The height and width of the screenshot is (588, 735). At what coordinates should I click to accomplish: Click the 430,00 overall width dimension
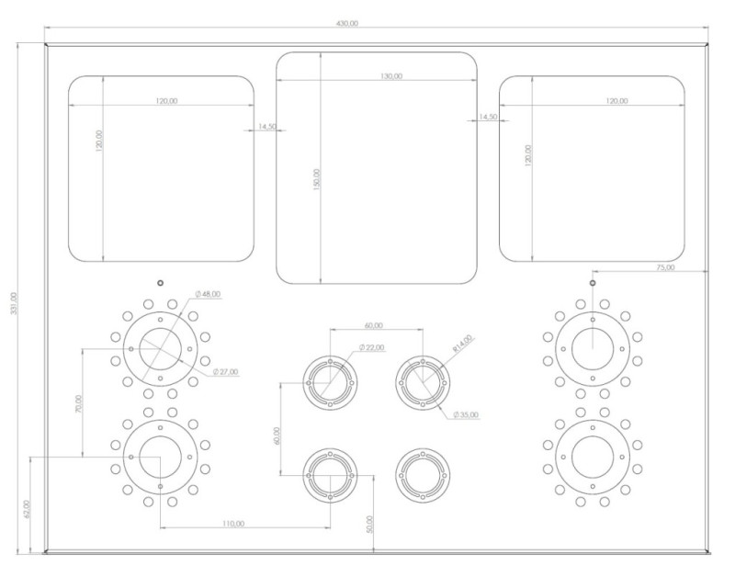pos(347,23)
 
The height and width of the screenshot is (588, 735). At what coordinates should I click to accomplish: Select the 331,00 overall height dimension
pos(14,303)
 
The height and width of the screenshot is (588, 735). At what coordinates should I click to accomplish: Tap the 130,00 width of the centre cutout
pos(391,76)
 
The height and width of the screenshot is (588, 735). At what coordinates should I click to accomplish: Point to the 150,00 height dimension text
pos(317,179)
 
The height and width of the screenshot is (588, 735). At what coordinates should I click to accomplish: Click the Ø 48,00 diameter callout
pos(208,294)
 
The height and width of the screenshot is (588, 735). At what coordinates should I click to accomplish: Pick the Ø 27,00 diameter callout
pos(225,372)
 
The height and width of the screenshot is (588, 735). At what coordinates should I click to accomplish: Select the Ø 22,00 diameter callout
pos(372,347)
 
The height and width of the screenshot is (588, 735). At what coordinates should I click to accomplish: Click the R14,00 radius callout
pos(463,344)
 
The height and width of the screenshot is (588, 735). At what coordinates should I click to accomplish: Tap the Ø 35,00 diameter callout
pos(466,415)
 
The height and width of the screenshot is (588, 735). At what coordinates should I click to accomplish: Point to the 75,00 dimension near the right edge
pos(665,267)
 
